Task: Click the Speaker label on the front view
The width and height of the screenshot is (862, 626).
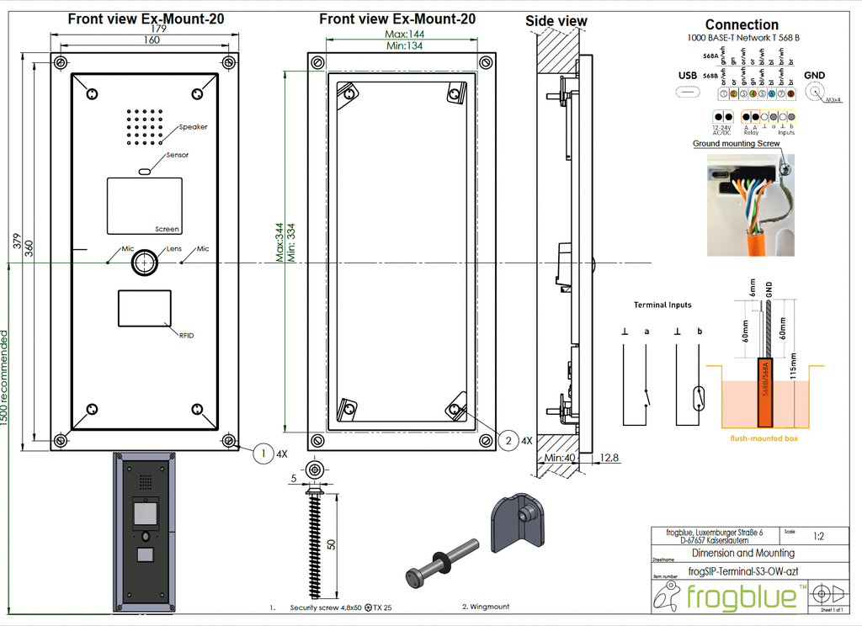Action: tap(193, 127)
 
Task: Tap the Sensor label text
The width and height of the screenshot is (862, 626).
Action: tap(178, 155)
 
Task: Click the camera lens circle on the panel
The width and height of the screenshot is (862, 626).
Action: tap(145, 262)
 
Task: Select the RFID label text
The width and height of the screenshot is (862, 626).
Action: tap(186, 335)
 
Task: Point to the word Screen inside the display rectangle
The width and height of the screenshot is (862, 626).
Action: tap(168, 229)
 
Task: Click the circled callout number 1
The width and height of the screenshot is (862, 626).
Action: tap(263, 453)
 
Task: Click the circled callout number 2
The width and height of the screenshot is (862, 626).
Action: tap(508, 439)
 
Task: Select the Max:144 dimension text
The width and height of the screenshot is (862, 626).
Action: tap(404, 34)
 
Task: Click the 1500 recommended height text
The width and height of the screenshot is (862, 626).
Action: tap(6, 379)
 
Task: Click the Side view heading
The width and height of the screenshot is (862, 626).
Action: tap(556, 21)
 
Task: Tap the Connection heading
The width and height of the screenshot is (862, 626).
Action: tap(741, 24)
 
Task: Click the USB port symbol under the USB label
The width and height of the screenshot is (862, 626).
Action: tap(689, 93)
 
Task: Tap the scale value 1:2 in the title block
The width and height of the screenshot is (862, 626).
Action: tap(817, 536)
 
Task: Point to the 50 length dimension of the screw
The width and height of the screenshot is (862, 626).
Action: tap(331, 544)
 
